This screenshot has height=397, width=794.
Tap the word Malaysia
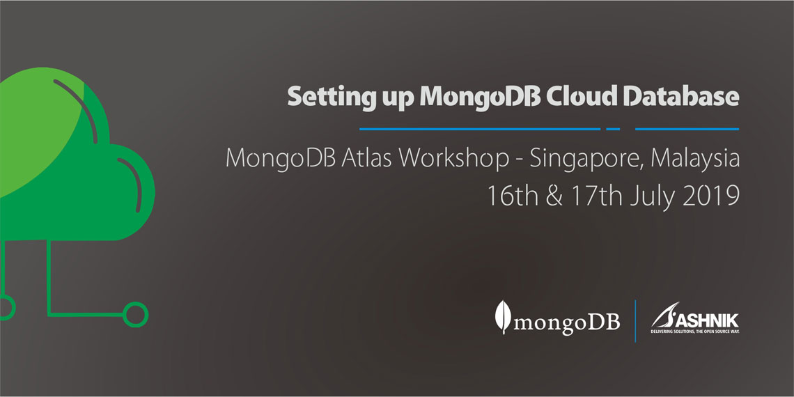point(694,159)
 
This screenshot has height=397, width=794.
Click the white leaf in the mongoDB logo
point(501,317)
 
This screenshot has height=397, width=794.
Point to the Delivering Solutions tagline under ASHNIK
point(694,332)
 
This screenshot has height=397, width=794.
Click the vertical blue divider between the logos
point(635,320)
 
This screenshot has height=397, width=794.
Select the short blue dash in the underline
point(613,129)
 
